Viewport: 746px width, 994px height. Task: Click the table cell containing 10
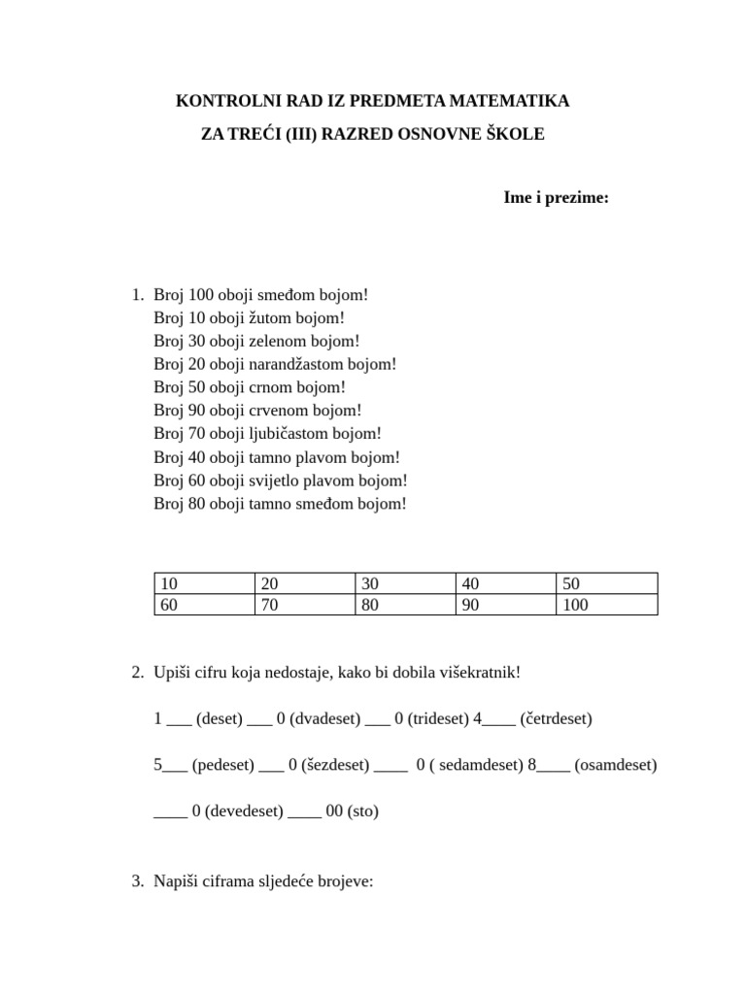click(x=204, y=583)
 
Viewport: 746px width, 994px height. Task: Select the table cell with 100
click(x=606, y=605)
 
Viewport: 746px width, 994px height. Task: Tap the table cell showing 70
click(x=304, y=605)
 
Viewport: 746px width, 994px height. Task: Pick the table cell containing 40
click(x=504, y=583)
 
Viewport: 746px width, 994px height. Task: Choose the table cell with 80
click(x=404, y=605)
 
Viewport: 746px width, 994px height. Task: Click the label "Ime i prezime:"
click(x=556, y=198)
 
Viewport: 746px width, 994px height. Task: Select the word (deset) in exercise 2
click(x=219, y=719)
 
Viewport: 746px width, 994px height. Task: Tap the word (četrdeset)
click(x=556, y=719)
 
